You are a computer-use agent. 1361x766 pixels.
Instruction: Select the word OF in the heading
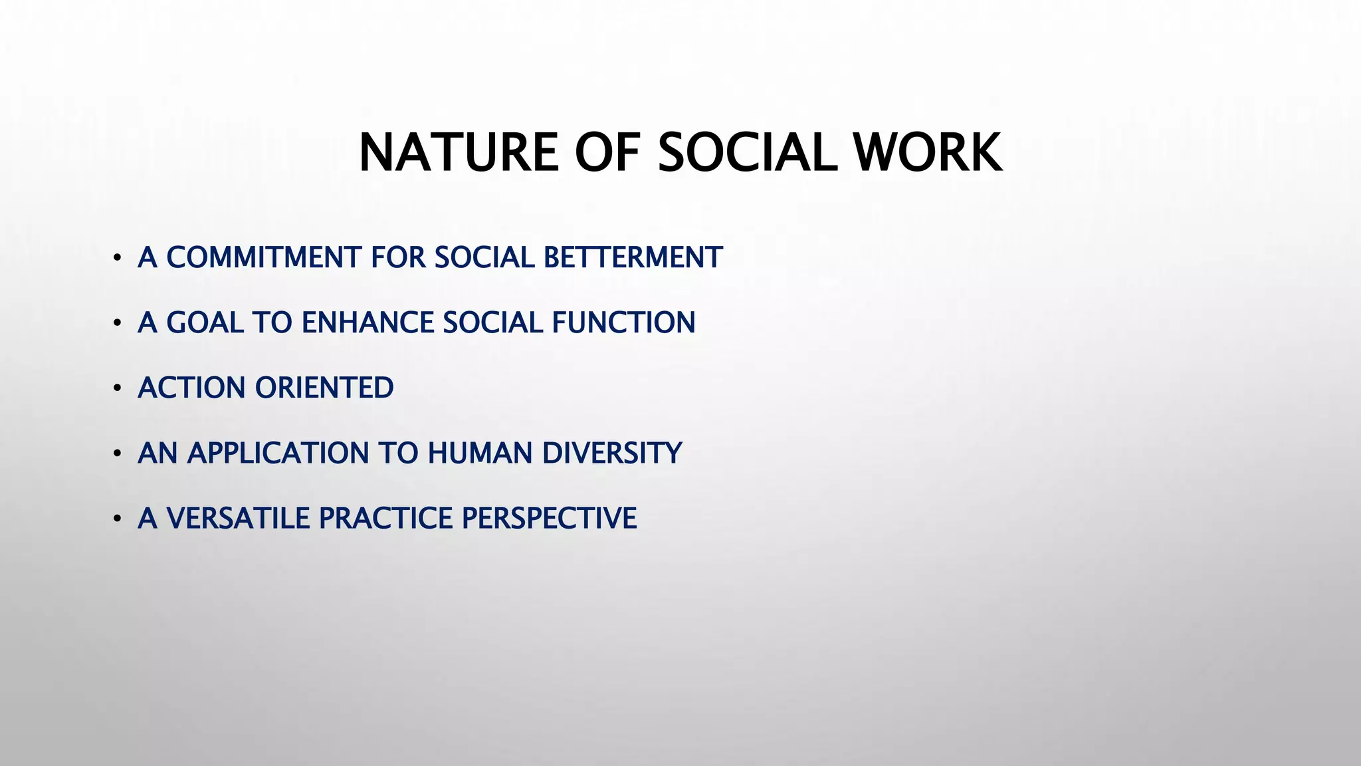click(607, 153)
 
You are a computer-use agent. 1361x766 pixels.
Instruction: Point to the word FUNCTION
click(623, 322)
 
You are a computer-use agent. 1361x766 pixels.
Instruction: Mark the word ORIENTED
click(325, 388)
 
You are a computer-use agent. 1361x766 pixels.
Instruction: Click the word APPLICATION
click(278, 453)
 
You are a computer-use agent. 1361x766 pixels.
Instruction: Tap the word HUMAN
click(480, 453)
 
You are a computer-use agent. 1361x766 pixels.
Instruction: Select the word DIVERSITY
click(612, 453)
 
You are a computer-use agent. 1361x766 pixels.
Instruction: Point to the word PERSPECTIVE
click(549, 518)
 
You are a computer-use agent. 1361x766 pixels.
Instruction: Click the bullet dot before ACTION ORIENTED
click(117, 388)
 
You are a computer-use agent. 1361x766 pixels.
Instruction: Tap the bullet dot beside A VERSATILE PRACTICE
click(117, 519)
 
